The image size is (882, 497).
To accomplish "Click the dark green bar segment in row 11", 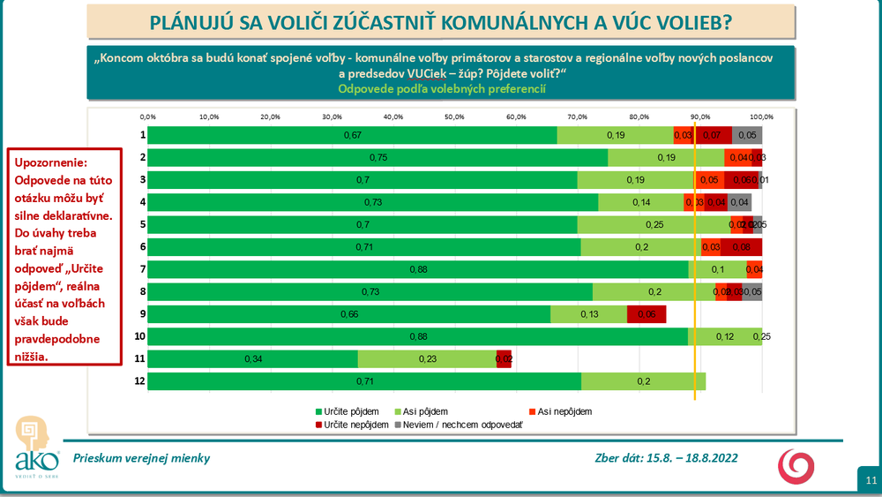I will (x=252, y=359).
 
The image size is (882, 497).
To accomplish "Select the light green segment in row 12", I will (x=644, y=381).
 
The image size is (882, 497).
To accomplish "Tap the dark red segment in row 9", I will (x=647, y=314).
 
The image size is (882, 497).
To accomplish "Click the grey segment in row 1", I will (x=746, y=135).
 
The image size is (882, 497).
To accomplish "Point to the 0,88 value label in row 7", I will (x=418, y=269).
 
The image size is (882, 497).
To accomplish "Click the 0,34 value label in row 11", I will (x=253, y=359).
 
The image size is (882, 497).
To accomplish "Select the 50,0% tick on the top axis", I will (x=454, y=117).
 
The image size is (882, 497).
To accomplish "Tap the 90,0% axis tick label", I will (x=700, y=117).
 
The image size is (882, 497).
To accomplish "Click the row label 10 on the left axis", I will (x=139, y=336).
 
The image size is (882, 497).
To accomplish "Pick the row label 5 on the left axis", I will (x=142, y=224).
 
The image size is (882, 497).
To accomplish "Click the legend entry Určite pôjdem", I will (x=350, y=411).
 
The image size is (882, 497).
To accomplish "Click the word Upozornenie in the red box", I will (x=49, y=165).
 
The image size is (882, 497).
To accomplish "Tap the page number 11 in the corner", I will (x=870, y=481).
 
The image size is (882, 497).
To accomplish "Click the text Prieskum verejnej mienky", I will (x=142, y=458).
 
